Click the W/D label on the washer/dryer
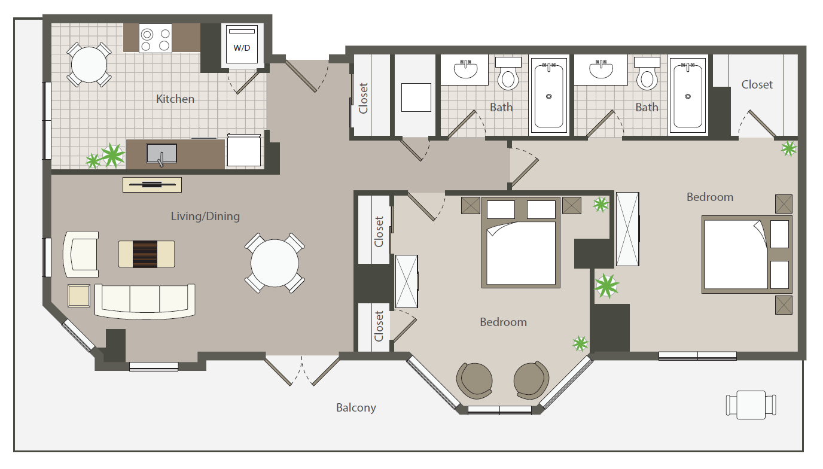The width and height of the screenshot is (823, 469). click(242, 48)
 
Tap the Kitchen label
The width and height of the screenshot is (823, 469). click(175, 99)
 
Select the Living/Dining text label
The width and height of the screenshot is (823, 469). click(205, 216)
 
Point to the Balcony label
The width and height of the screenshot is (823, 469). click(356, 407)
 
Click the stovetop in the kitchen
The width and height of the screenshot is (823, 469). click(156, 38)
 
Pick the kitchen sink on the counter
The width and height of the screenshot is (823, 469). click(161, 154)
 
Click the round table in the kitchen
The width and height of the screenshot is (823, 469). click(89, 65)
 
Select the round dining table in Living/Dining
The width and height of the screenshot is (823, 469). click(275, 263)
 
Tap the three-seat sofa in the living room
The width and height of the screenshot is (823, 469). click(145, 301)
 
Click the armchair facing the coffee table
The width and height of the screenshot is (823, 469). click(81, 254)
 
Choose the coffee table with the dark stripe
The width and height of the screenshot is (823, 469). click(146, 254)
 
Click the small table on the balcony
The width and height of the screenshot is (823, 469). click(751, 405)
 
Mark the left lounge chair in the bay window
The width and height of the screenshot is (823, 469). click(475, 381)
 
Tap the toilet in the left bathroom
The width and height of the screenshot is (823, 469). click(508, 74)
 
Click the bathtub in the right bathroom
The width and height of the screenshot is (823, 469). click(688, 96)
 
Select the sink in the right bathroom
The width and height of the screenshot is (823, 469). click(601, 70)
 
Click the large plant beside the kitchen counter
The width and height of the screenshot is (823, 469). click(112, 156)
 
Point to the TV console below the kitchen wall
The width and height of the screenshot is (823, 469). click(152, 185)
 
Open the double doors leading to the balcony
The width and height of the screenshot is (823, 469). click(302, 370)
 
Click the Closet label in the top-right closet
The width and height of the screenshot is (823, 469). click(757, 85)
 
